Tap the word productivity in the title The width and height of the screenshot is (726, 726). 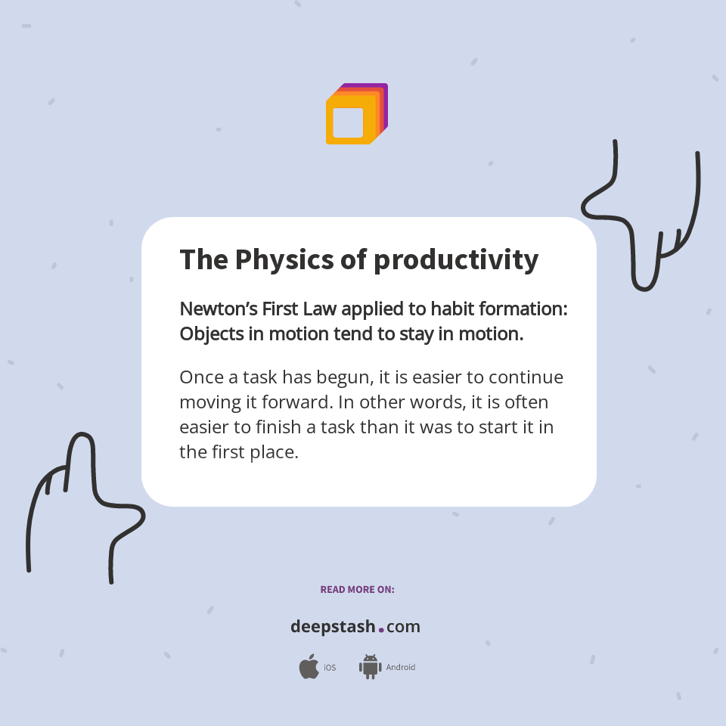(x=456, y=260)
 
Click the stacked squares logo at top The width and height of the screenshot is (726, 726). (x=356, y=114)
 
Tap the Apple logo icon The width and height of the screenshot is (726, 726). (x=309, y=667)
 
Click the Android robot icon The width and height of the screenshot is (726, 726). (x=370, y=667)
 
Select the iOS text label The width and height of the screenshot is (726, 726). (x=330, y=668)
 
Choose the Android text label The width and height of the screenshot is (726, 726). (x=401, y=668)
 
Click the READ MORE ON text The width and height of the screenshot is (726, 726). (x=357, y=590)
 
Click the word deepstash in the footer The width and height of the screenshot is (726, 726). (x=333, y=627)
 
